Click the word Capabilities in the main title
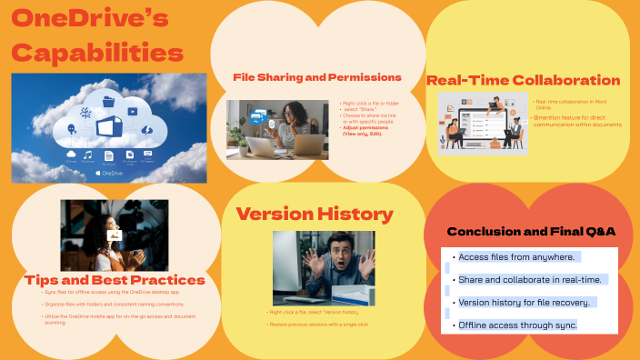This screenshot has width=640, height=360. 96,51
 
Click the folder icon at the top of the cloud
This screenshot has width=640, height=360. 110,101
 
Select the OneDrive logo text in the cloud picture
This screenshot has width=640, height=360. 108,172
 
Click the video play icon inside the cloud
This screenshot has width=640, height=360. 133,112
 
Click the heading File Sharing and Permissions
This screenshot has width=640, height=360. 317,77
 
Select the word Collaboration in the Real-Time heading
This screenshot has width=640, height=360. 567,80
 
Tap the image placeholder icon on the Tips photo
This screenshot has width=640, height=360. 114,235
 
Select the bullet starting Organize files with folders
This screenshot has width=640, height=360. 114,304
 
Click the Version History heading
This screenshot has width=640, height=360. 315,215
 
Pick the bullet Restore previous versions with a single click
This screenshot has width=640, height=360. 317,324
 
